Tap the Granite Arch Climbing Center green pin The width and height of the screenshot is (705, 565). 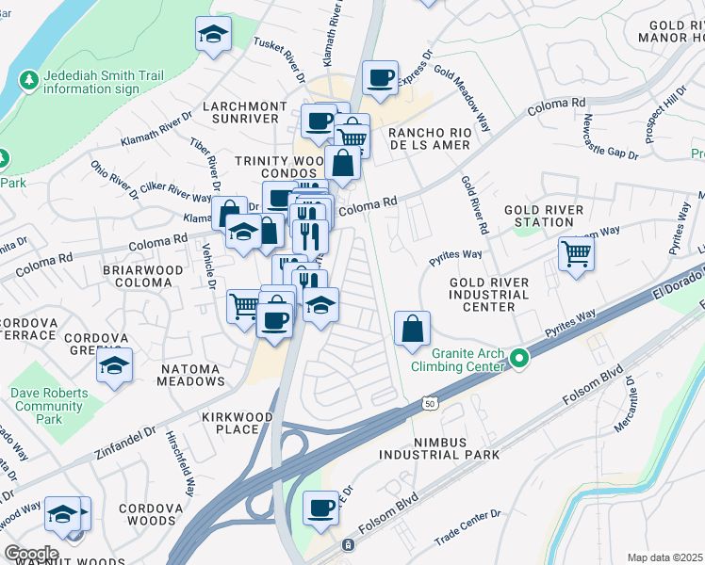coord(519,358)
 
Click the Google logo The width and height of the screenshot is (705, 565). coord(31,554)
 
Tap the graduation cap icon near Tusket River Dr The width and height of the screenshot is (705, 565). coord(213,35)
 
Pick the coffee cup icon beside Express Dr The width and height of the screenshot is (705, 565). coord(380,77)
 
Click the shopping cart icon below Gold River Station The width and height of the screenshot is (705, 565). coord(576,252)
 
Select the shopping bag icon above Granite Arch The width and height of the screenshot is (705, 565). coord(412,329)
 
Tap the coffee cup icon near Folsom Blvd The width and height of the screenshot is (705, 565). coord(320,508)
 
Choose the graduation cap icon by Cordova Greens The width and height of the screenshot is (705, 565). coord(114,366)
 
